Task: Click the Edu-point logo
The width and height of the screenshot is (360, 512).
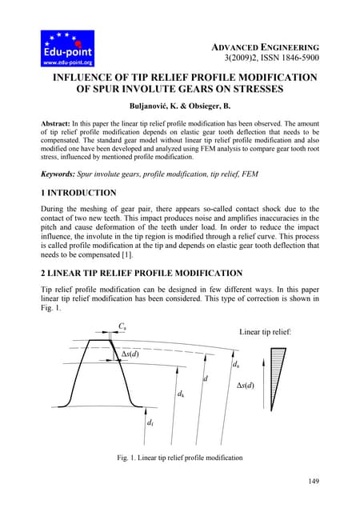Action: click(x=68, y=48)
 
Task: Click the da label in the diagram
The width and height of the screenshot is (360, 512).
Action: click(x=235, y=366)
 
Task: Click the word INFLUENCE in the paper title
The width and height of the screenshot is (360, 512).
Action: click(x=88, y=78)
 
